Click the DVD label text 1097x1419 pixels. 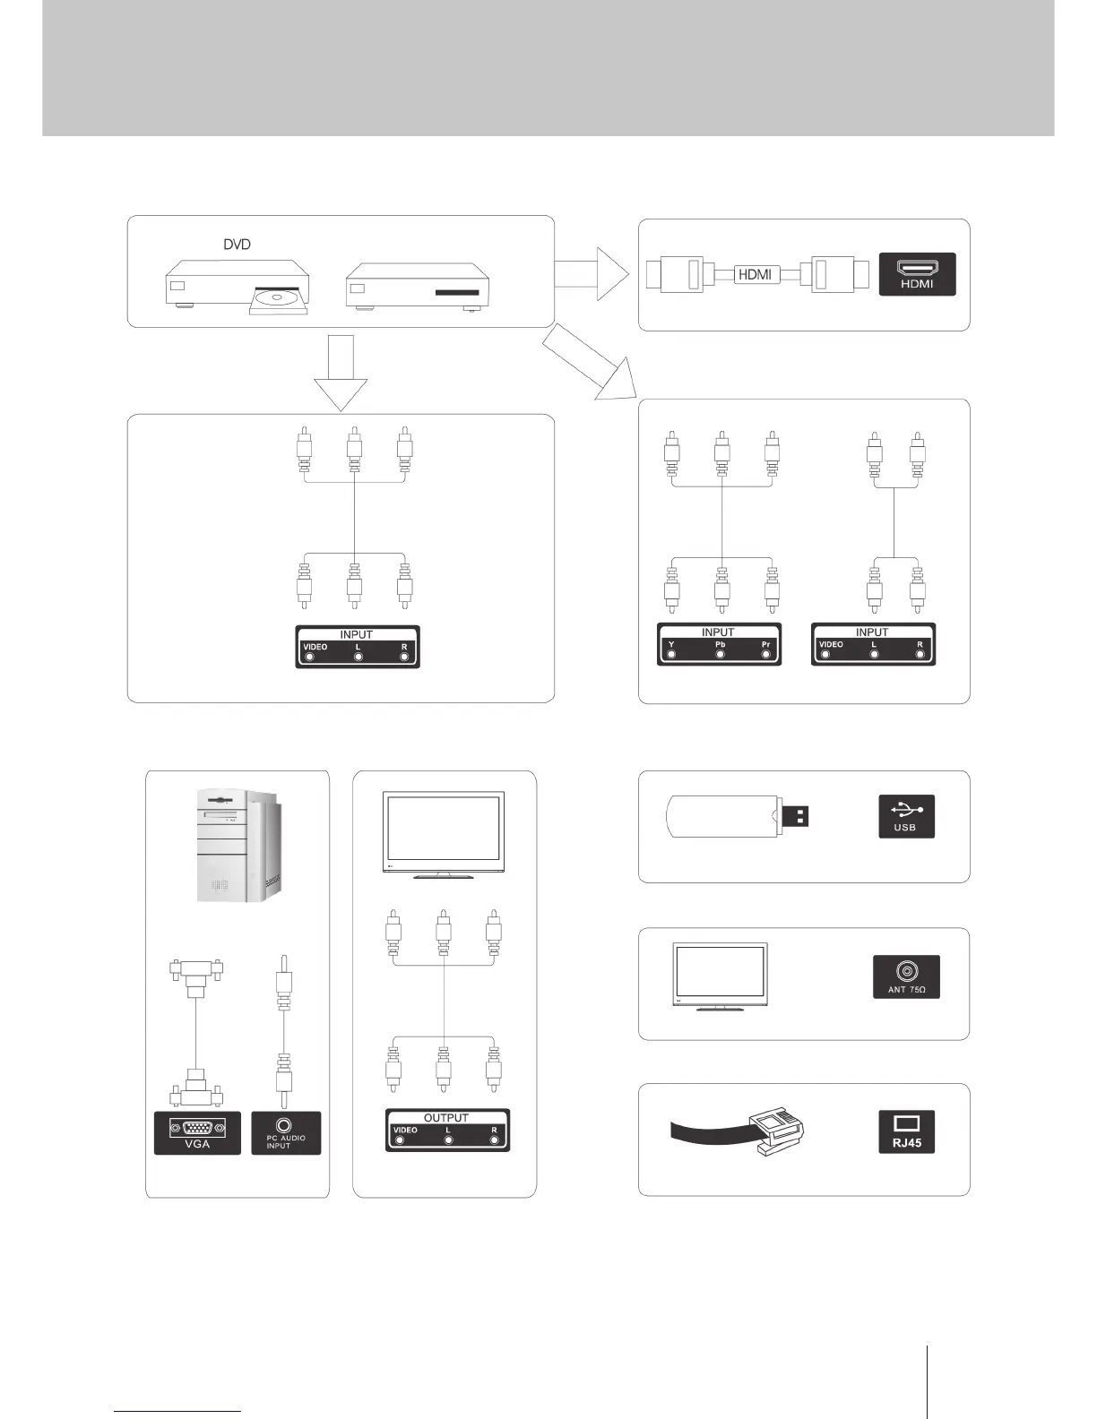(x=237, y=245)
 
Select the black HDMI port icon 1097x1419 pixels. (x=918, y=274)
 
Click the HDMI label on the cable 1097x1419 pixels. (x=754, y=274)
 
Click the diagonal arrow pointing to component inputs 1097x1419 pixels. (x=587, y=363)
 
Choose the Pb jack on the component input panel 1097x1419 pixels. (x=720, y=654)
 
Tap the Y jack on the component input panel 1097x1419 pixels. (x=671, y=654)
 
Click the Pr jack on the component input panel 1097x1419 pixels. (x=766, y=654)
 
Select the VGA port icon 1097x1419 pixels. (x=197, y=1132)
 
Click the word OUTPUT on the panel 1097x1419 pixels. (x=446, y=1118)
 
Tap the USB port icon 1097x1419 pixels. (x=906, y=816)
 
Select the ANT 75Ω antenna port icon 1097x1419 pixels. (x=906, y=976)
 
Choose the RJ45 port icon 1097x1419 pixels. (x=906, y=1131)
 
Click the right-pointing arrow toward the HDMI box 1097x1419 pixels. (x=592, y=274)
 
